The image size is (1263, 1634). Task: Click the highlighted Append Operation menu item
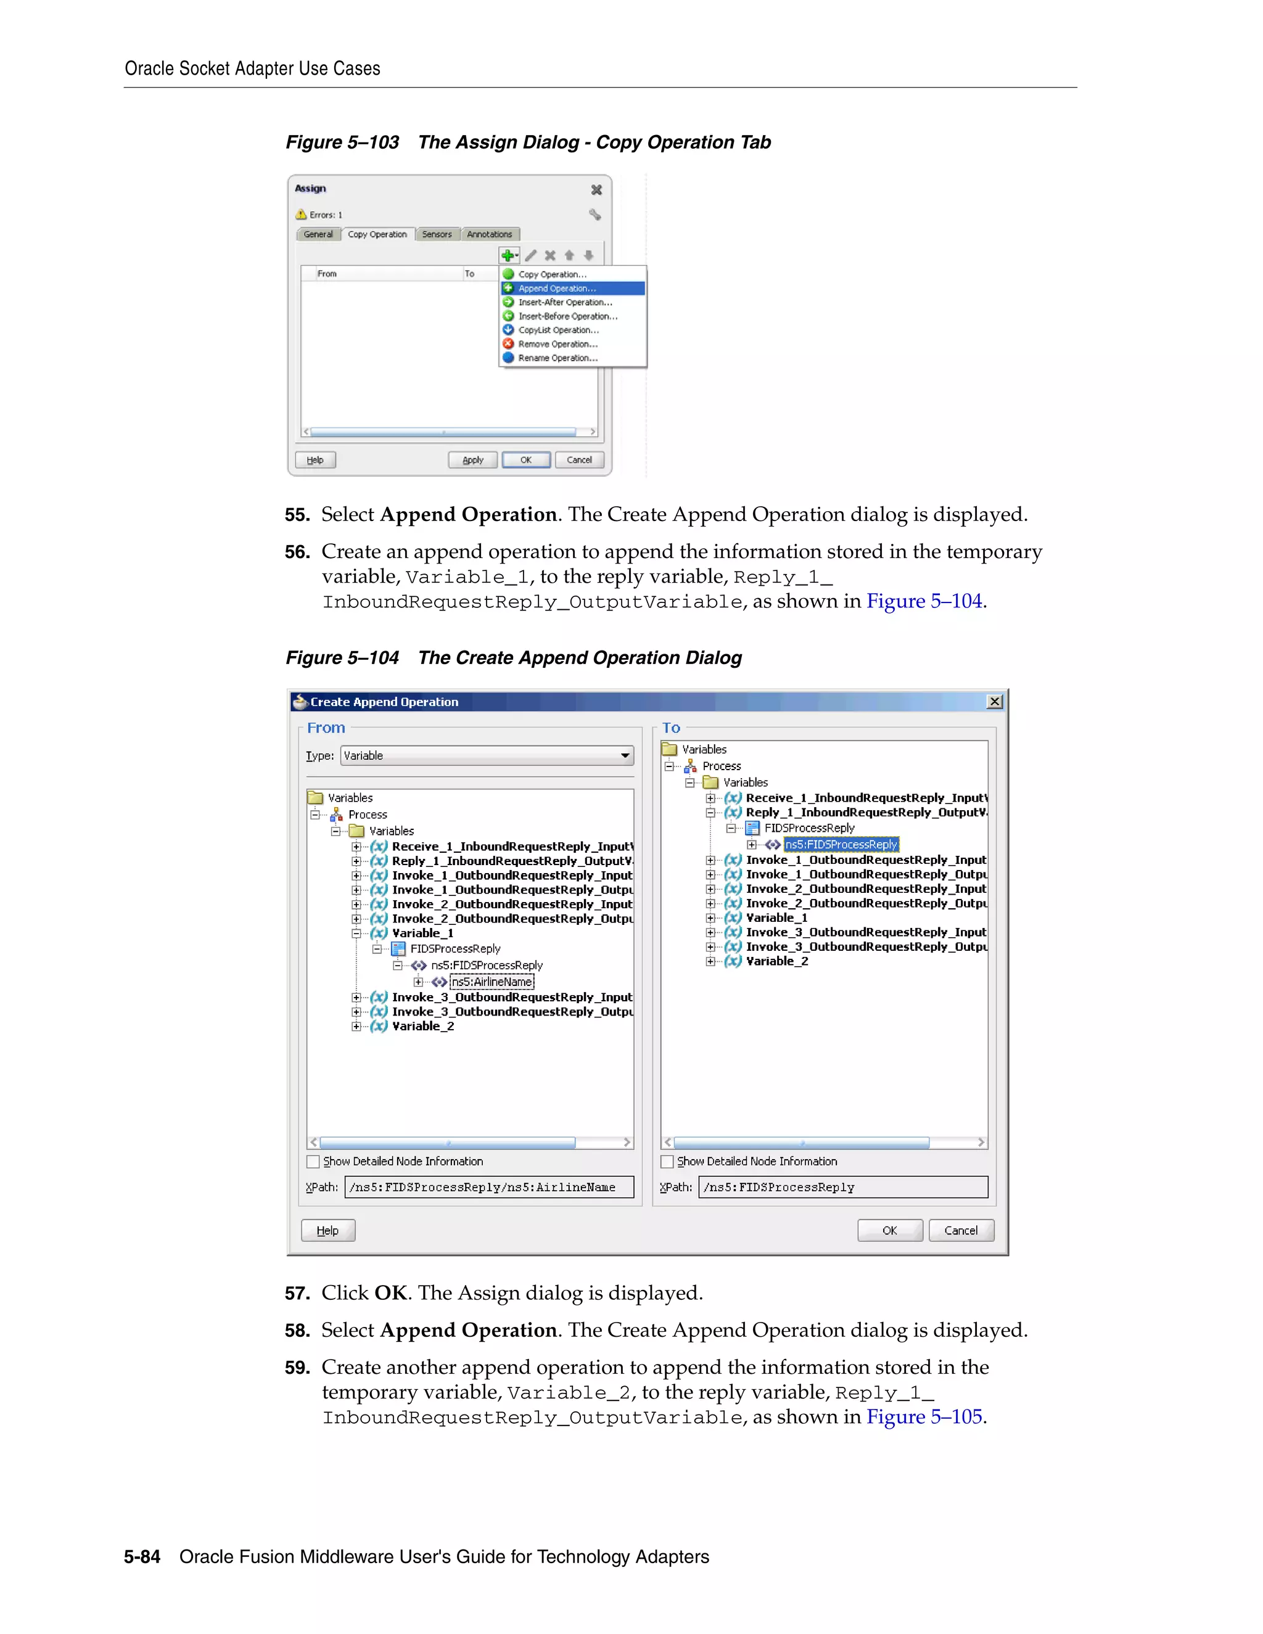[x=557, y=288]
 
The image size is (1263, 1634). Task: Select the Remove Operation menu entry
[x=557, y=344]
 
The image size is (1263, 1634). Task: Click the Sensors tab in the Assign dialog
[x=437, y=234]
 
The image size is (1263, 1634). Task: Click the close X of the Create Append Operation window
[x=994, y=701]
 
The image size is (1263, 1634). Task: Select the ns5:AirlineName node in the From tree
[x=492, y=982]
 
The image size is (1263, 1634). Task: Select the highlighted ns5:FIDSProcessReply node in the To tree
[x=841, y=844]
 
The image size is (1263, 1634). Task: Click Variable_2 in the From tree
[x=422, y=1026]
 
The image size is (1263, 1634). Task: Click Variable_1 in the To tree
[x=776, y=918]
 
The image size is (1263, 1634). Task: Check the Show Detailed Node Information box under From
[x=313, y=1161]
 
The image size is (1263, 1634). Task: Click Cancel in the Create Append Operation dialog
[x=961, y=1230]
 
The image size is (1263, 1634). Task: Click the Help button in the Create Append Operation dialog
[x=327, y=1230]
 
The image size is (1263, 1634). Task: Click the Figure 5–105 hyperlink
[x=924, y=1416]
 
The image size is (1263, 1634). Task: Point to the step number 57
[x=297, y=1294]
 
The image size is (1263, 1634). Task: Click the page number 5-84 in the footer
[x=142, y=1556]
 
